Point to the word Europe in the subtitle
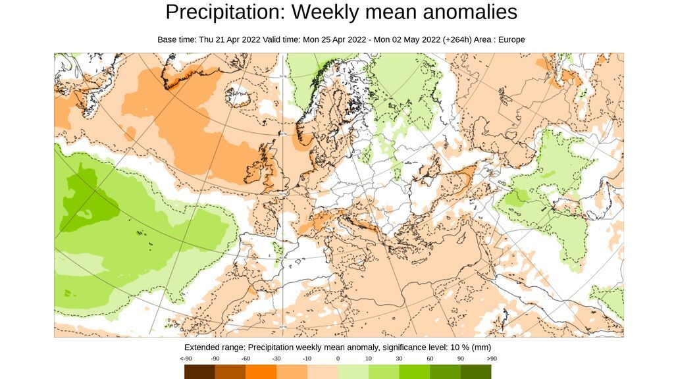click(x=511, y=39)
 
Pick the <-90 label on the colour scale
click(x=186, y=359)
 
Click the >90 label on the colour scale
click(x=492, y=359)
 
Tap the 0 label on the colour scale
click(x=338, y=359)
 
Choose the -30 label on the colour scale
click(x=276, y=359)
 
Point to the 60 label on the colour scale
click(x=430, y=359)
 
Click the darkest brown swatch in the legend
click(x=199, y=372)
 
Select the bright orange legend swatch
click(x=261, y=372)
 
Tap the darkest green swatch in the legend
click(x=476, y=372)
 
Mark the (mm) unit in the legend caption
click(x=482, y=347)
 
